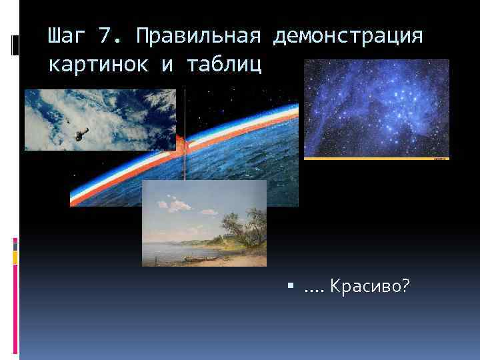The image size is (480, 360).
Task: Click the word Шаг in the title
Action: (x=67, y=37)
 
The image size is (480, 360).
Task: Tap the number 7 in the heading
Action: (x=105, y=37)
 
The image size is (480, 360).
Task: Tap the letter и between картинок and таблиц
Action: (x=166, y=66)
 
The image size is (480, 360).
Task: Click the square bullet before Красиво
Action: (x=291, y=287)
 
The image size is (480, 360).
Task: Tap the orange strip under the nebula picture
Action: (x=376, y=159)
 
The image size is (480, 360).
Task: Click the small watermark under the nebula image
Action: (x=439, y=159)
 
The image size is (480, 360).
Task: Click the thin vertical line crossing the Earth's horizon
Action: (x=185, y=133)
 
